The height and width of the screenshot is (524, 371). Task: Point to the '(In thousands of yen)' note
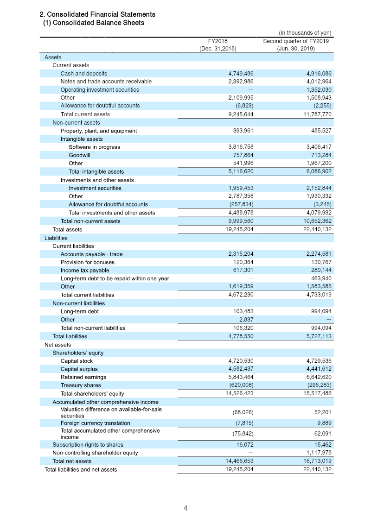305,33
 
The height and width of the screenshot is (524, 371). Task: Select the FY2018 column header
218,44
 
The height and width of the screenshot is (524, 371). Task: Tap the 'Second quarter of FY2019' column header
296,44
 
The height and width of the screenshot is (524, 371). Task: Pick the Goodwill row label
79,155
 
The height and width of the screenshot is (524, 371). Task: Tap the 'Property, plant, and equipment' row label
98,131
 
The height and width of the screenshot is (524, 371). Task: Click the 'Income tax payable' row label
85,271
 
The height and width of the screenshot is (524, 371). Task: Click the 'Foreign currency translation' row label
95,423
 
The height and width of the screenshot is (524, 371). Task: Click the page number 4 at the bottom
185,508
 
